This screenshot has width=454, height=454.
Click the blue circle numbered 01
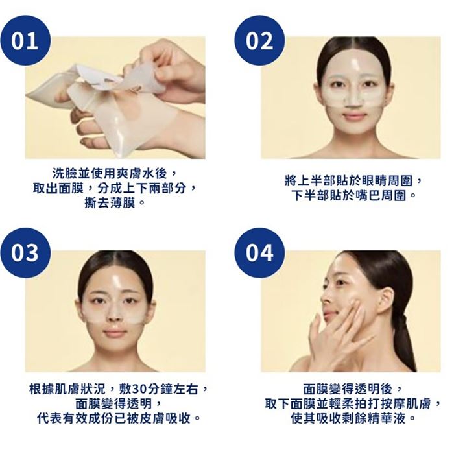pos(25,40)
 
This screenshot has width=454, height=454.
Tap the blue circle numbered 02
pos(259,40)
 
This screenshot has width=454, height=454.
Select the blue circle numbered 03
pos(25,253)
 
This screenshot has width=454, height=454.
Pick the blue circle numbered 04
pos(259,253)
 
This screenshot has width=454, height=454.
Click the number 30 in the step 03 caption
pos(138,389)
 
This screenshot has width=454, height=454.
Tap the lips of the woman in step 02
pos(352,116)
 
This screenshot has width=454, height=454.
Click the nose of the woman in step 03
pos(115,315)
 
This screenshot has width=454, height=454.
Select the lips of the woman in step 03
pos(115,333)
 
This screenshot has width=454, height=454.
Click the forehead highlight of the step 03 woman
pos(117,281)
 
